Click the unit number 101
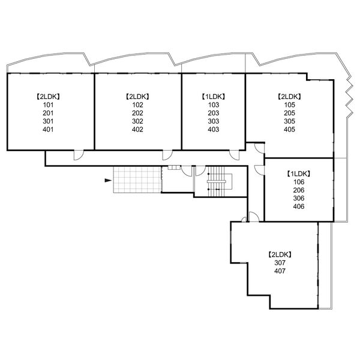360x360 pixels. coord(48,105)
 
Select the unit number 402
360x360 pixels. coord(137,130)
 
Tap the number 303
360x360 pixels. coord(214,121)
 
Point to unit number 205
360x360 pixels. coord(289,113)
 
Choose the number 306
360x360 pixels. coord(299,198)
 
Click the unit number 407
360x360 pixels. coord(280,271)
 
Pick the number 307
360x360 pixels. coord(280,263)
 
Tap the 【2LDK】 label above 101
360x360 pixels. coord(48,97)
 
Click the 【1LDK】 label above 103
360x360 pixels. coord(214,97)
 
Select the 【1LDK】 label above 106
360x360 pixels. coord(299,174)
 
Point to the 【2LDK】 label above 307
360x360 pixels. coord(280,254)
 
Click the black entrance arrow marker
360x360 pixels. coord(108,180)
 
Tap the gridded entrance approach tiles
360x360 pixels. coord(137,180)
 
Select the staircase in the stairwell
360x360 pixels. coord(216,182)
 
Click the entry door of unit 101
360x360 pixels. coord(79,155)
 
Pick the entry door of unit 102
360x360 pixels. coord(167,155)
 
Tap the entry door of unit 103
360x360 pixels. coord(235,155)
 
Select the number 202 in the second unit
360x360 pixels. coord(137,113)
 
